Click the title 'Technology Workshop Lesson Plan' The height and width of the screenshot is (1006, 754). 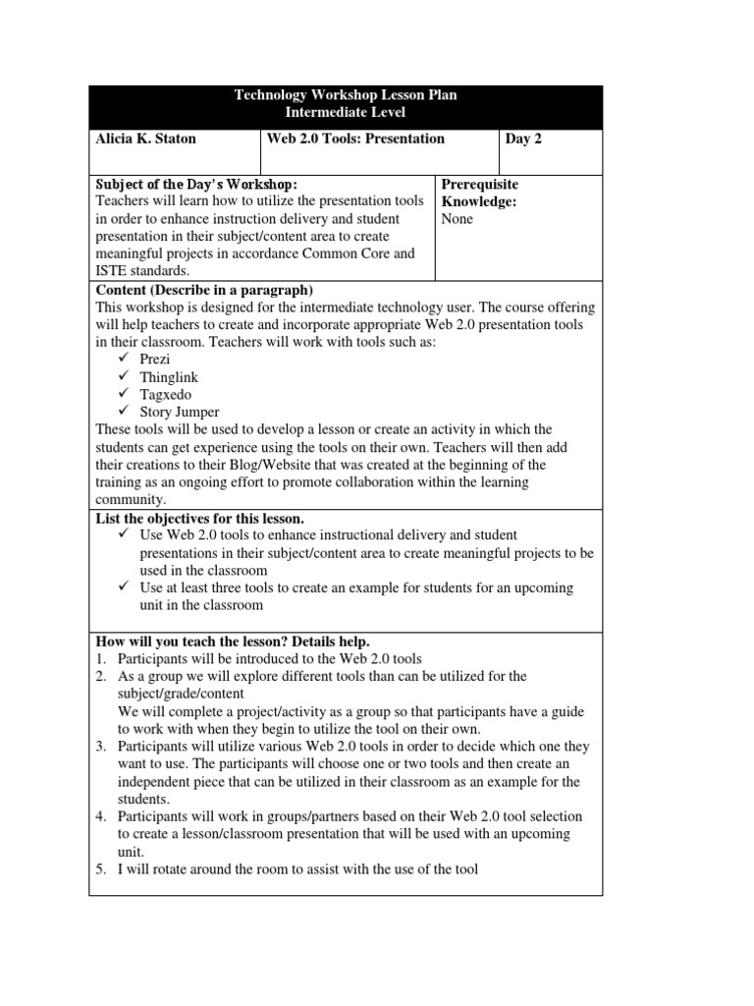tap(345, 95)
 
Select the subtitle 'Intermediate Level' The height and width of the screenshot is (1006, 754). tap(345, 113)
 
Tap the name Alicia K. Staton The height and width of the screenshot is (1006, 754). tap(145, 139)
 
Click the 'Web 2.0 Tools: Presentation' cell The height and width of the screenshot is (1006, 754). tap(355, 139)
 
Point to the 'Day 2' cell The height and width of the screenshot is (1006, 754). tap(523, 139)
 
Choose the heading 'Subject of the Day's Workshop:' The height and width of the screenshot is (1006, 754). tap(195, 185)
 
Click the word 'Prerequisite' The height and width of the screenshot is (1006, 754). tap(480, 185)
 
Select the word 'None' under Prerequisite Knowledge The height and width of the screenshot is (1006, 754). tap(458, 219)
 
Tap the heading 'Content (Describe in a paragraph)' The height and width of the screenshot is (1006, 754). tap(204, 290)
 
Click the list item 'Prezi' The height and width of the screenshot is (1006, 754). tap(155, 360)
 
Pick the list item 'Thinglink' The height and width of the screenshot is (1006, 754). tap(168, 377)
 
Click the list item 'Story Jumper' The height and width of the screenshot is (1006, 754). tap(180, 413)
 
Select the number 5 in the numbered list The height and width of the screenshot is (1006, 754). tap(100, 868)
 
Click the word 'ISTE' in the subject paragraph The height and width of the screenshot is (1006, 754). tap(113, 271)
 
